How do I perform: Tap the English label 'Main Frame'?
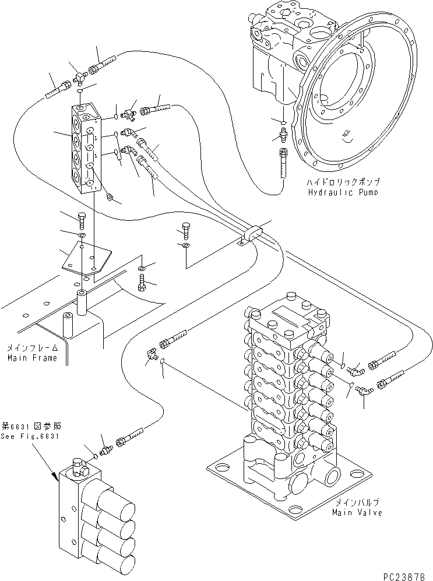point(32,358)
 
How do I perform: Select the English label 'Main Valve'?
point(357,513)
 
